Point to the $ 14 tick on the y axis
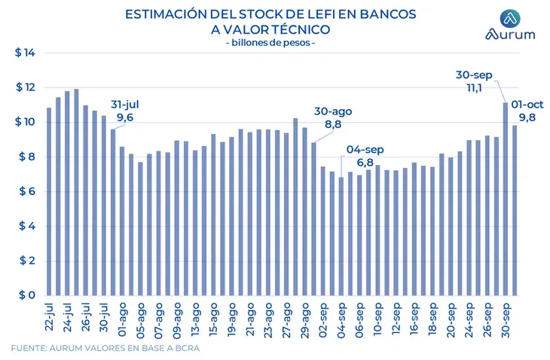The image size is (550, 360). [x=26, y=53]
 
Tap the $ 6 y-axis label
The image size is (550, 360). [x=26, y=192]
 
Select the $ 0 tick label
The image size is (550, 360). [x=26, y=296]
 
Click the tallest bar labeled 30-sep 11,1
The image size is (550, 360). [x=506, y=199]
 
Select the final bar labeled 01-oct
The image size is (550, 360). [x=515, y=210]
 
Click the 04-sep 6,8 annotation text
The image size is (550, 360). [x=365, y=157]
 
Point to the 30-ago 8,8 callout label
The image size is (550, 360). [x=333, y=117]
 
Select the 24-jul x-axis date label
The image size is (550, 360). [x=68, y=317]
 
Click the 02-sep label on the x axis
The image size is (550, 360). [x=323, y=317]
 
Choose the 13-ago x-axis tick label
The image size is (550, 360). [x=195, y=317]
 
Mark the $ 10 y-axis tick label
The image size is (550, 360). [x=26, y=123]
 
